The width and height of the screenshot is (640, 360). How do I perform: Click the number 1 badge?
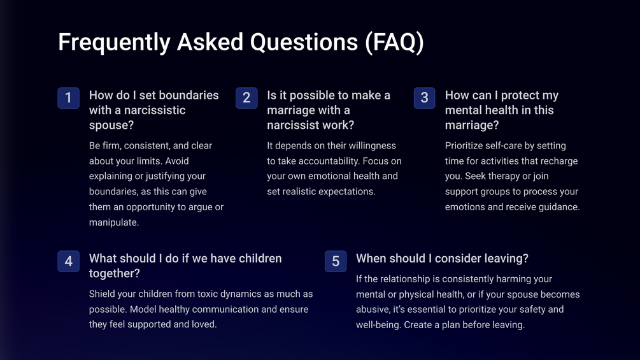tap(69, 98)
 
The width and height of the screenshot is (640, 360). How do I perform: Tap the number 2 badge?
tap(246, 98)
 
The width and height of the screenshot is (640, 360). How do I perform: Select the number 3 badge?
tap(425, 98)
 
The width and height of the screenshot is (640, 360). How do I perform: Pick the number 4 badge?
tap(69, 261)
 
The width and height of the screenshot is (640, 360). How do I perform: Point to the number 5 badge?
tap(336, 261)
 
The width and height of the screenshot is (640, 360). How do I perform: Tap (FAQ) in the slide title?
tap(394, 43)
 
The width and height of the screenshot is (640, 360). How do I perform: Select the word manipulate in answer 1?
tap(114, 222)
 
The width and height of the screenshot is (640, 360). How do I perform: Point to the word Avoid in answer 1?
tap(177, 161)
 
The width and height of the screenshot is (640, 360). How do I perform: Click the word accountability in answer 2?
tap(329, 161)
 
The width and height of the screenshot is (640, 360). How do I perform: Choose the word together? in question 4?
tap(114, 273)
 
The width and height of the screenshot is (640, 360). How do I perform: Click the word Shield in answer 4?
tap(101, 294)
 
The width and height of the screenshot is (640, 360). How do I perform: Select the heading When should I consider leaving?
tap(442, 258)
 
